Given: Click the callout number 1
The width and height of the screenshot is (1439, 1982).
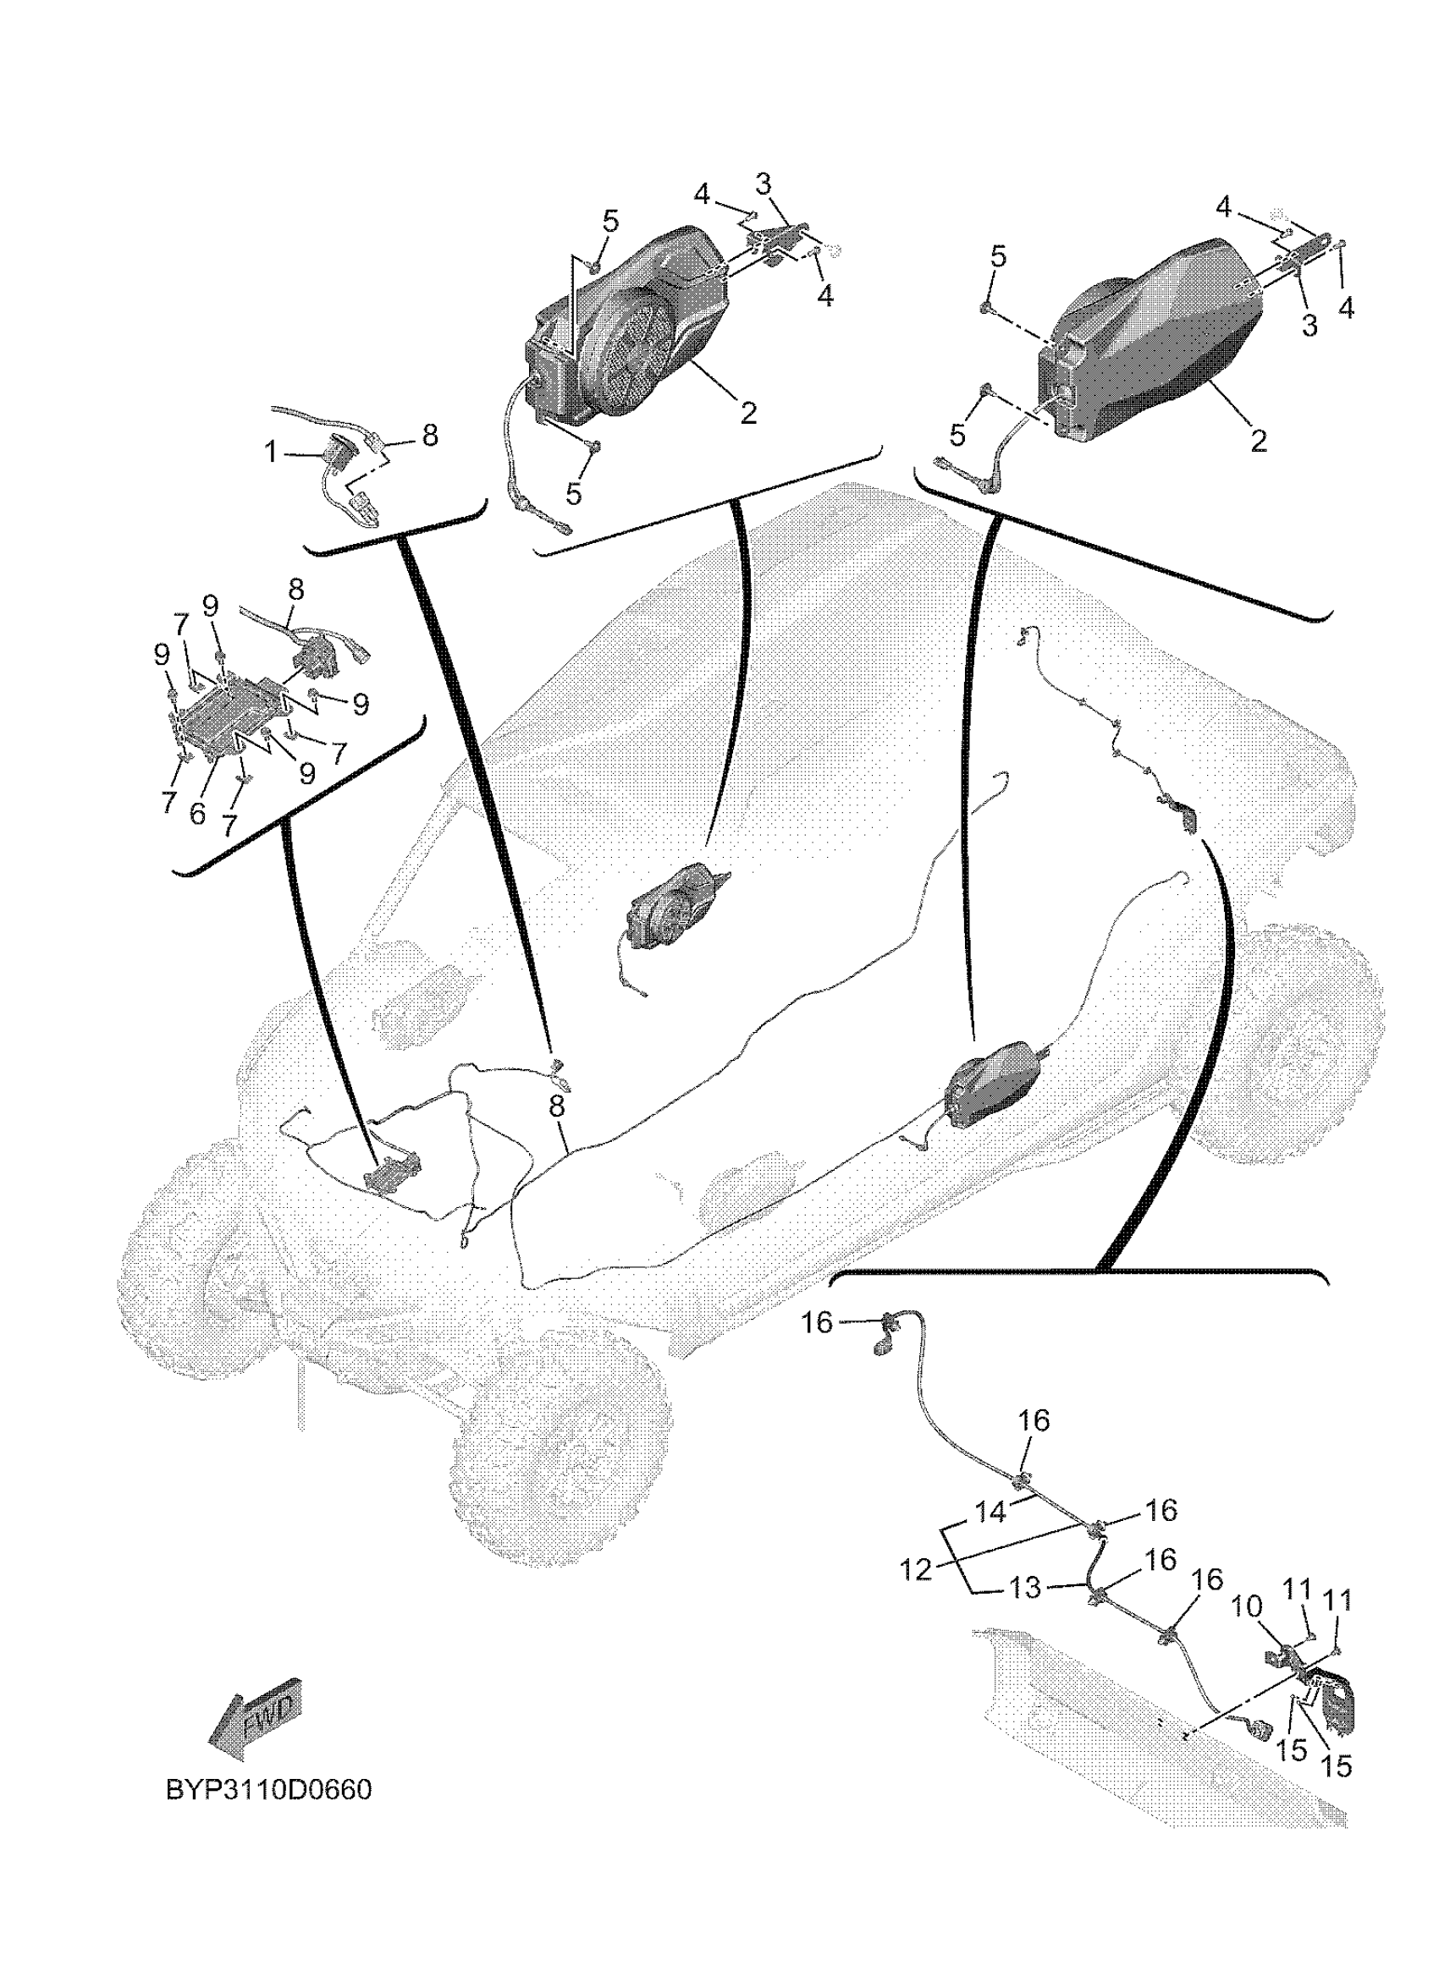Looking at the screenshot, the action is tap(271, 452).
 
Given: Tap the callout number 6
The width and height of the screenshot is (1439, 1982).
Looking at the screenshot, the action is tap(197, 814).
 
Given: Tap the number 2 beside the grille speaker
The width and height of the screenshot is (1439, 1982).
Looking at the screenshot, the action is tap(748, 413).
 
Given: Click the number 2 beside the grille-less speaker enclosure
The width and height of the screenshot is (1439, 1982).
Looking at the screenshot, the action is tap(1259, 441).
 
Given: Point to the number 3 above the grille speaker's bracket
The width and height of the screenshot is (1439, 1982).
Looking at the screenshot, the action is tap(764, 184).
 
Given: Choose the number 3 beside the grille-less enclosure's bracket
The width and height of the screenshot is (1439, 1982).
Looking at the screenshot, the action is tap(1309, 325).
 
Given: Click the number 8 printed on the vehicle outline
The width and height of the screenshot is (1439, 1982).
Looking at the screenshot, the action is tap(557, 1106).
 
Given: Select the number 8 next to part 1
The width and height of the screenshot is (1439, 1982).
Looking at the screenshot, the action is tap(430, 436).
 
